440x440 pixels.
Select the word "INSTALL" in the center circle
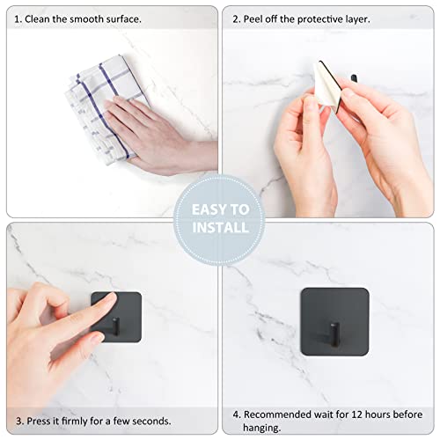click(x=220, y=228)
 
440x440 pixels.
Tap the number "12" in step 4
click(x=365, y=414)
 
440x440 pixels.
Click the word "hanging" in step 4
click(x=264, y=428)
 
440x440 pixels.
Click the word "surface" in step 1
click(x=124, y=18)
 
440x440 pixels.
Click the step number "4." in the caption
click(x=237, y=414)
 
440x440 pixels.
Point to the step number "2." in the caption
click(x=237, y=18)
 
